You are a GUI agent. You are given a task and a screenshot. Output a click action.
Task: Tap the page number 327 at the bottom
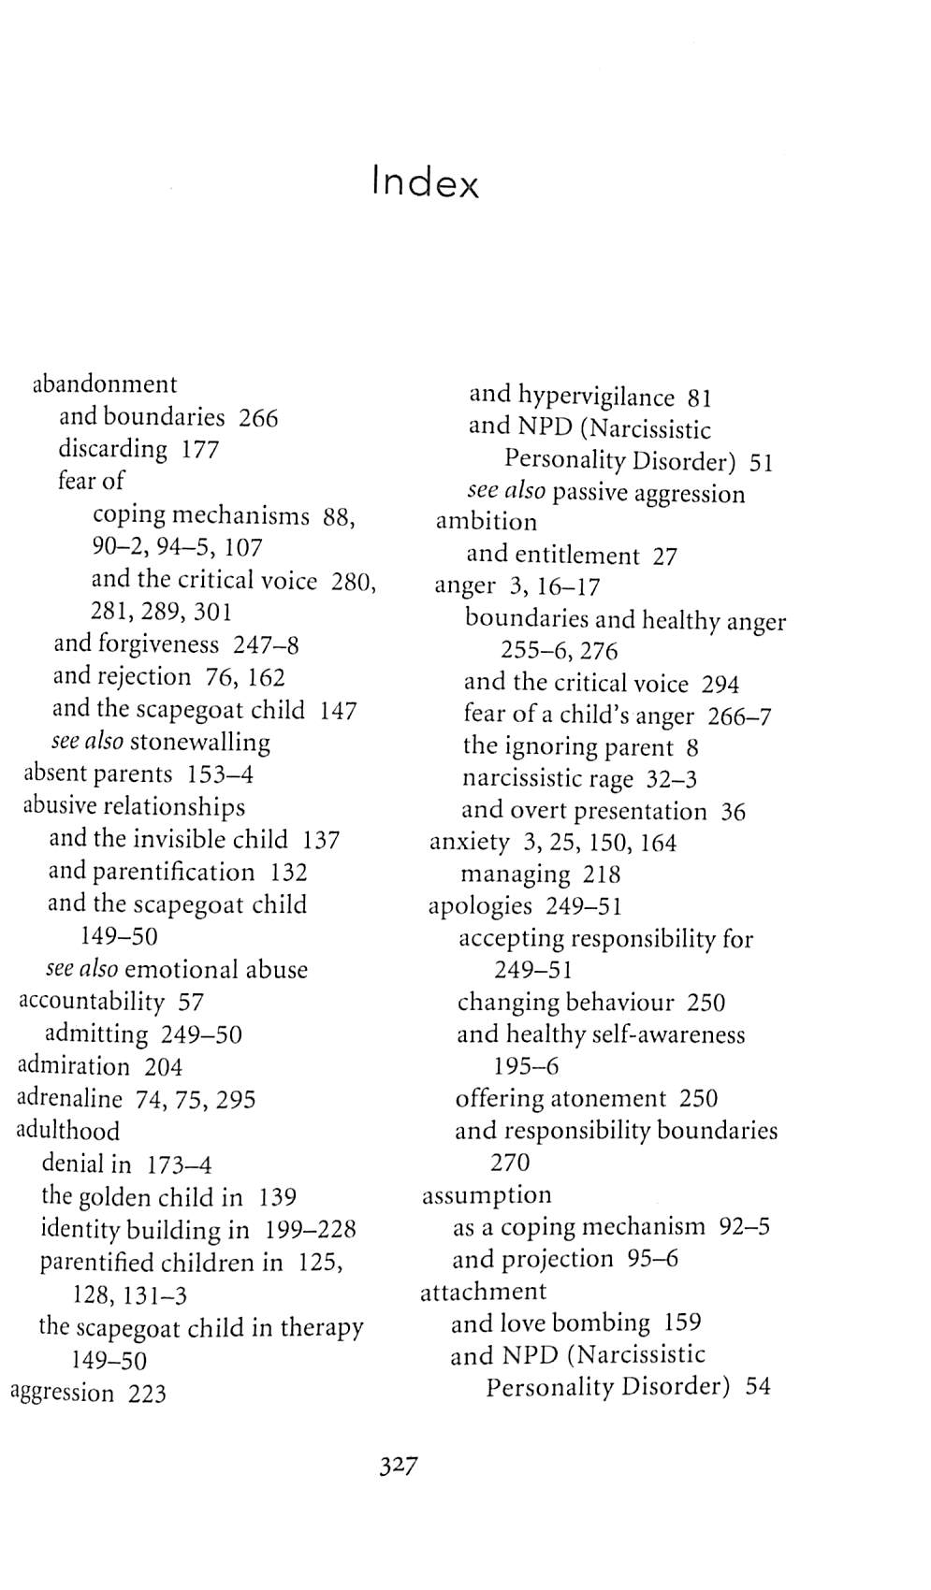(398, 1465)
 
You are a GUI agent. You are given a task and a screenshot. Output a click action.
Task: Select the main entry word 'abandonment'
(104, 384)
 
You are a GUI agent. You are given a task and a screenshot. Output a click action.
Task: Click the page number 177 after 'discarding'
(199, 450)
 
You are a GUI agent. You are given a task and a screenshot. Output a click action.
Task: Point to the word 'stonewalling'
(199, 743)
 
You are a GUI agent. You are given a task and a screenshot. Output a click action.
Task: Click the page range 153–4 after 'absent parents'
(220, 774)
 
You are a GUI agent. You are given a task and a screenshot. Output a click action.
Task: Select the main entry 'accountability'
(91, 1002)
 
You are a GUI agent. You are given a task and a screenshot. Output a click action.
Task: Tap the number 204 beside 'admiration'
(163, 1067)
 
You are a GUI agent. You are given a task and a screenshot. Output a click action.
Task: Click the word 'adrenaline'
(69, 1099)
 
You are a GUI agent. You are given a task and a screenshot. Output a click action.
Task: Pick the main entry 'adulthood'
(67, 1132)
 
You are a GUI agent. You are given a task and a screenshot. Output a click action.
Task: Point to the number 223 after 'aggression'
(147, 1394)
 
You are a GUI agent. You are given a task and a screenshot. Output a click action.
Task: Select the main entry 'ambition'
(487, 522)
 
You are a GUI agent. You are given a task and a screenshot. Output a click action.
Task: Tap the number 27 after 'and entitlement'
(664, 556)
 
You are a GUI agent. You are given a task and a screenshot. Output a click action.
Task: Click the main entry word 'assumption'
(487, 1195)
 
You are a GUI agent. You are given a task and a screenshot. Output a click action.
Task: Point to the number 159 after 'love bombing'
(682, 1323)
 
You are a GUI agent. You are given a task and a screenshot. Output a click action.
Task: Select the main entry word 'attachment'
(483, 1292)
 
